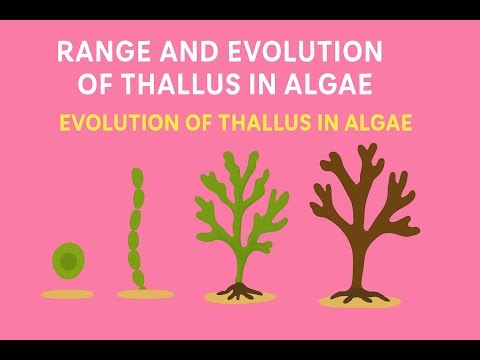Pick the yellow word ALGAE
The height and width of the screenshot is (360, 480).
tap(376, 125)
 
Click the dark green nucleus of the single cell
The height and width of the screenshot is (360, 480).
tap(67, 262)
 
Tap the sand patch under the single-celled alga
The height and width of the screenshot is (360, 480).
tap(66, 294)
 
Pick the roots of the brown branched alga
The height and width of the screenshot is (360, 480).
tap(358, 292)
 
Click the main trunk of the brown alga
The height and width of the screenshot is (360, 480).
tap(358, 250)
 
